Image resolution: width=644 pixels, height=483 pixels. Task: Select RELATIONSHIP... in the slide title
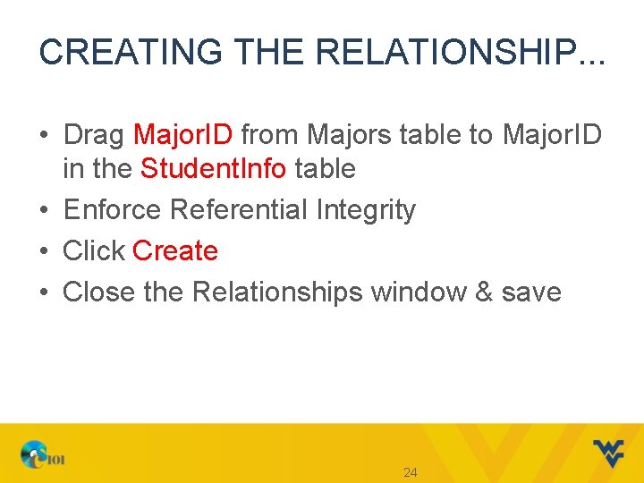pos(458,52)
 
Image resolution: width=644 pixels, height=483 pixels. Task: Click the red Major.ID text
pos(182,135)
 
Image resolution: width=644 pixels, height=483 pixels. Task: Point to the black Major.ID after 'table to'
pos(552,135)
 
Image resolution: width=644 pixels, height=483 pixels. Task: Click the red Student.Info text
pos(213,168)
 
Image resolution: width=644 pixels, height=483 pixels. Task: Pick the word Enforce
pos(114,210)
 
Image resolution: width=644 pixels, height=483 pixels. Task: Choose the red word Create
pos(175,251)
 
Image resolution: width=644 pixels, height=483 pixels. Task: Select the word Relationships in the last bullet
pos(277,292)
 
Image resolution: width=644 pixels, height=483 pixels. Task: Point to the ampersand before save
pos(483,292)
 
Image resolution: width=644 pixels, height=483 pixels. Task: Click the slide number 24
pos(411,472)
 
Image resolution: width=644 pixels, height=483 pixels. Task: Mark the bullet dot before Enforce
pos(44,211)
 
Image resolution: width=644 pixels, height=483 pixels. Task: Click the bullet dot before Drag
pos(44,136)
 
